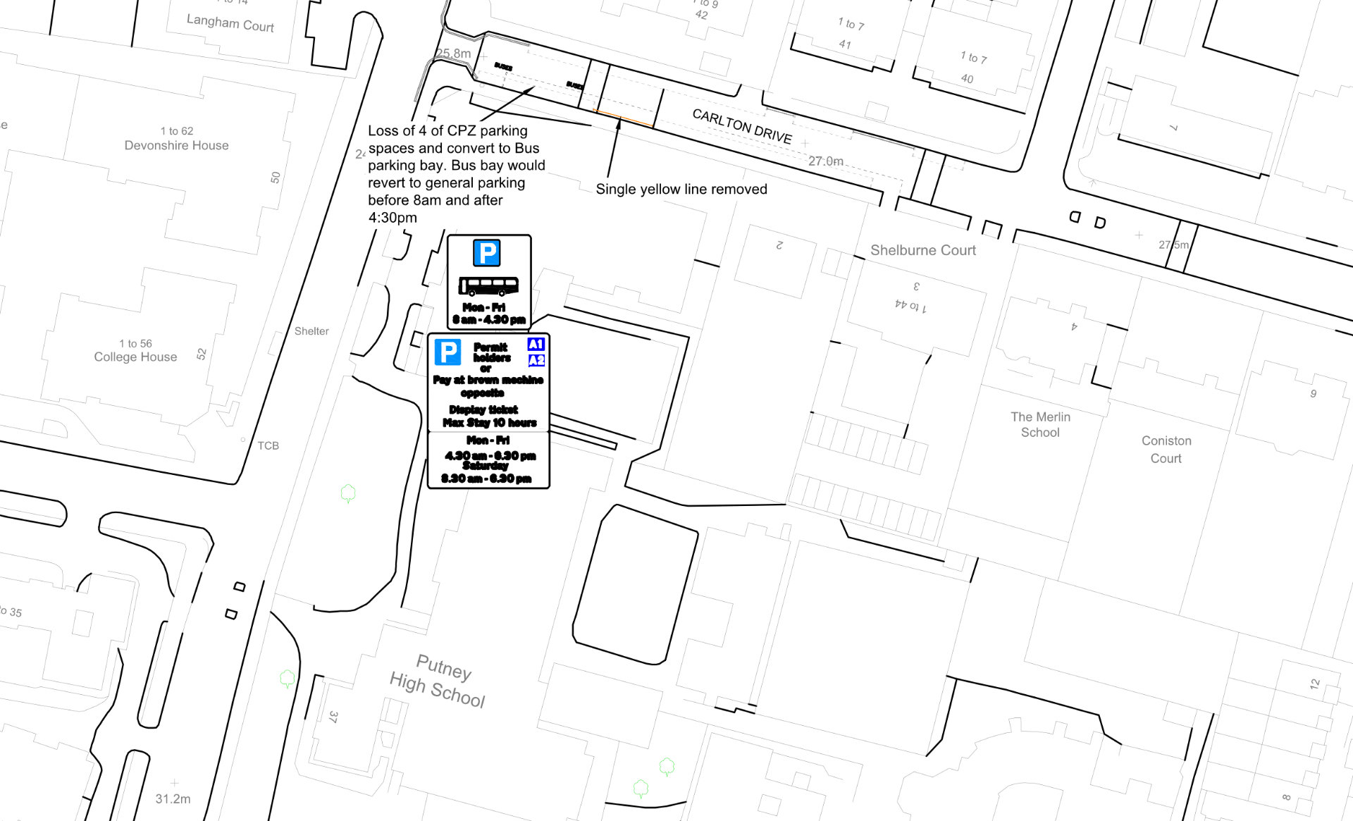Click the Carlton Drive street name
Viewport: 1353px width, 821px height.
tap(742, 126)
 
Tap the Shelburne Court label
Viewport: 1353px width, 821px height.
tap(922, 250)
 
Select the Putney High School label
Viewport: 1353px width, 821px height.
tap(438, 681)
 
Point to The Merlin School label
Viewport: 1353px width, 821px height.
tap(1040, 424)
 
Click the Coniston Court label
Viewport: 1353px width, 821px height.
tap(1166, 449)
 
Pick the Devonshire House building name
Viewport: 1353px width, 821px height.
tap(176, 145)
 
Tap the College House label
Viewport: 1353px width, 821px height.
tap(135, 357)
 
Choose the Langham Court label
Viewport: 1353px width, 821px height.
tap(230, 23)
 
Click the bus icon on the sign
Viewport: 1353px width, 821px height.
tap(488, 285)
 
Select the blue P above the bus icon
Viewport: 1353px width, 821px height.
tap(486, 252)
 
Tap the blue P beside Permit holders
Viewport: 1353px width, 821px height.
tap(447, 352)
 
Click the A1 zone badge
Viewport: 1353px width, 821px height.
tap(536, 344)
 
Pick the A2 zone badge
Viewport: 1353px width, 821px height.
tap(536, 360)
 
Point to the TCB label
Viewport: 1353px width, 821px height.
tap(268, 445)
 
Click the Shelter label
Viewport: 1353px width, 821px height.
tap(311, 331)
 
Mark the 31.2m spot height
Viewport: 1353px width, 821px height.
tap(173, 798)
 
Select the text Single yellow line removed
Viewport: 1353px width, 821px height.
tap(681, 189)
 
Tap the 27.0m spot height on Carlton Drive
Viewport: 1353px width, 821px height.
tap(825, 161)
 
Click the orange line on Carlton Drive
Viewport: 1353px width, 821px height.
tap(623, 118)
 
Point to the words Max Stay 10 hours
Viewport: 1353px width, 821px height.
tap(489, 423)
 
